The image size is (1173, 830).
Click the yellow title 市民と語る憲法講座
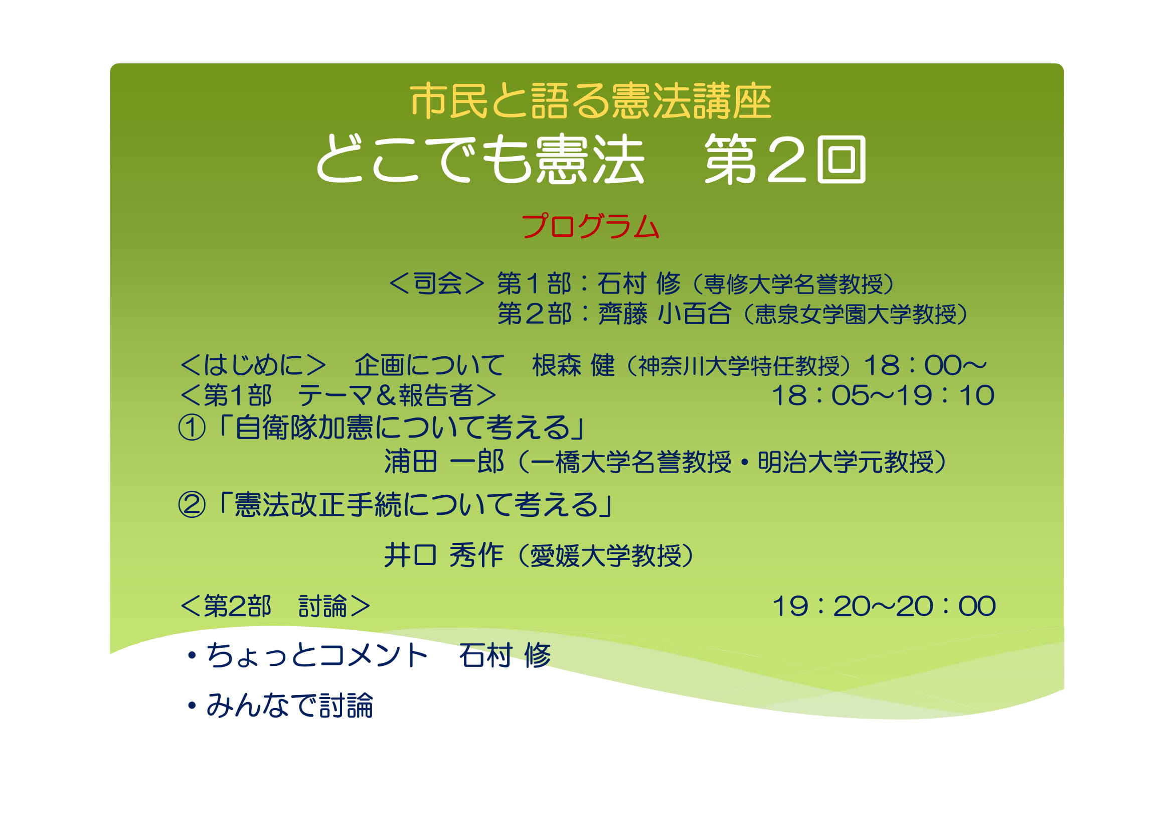(591, 101)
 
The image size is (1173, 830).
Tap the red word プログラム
(590, 226)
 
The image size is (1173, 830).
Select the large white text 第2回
(785, 160)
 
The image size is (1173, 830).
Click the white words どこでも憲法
(480, 160)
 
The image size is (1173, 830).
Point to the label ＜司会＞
(436, 284)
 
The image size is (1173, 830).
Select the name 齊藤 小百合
(664, 314)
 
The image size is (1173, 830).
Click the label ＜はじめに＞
(253, 365)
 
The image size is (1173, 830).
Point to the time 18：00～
(925, 365)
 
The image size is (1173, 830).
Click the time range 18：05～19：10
(883, 395)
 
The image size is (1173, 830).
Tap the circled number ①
(192, 428)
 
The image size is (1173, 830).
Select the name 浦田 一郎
(444, 462)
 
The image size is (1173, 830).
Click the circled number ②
(192, 505)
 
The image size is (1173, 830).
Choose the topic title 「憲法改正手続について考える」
(413, 505)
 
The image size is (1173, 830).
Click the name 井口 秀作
(443, 556)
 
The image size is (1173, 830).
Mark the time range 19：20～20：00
(884, 606)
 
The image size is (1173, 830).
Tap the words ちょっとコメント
(317, 656)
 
